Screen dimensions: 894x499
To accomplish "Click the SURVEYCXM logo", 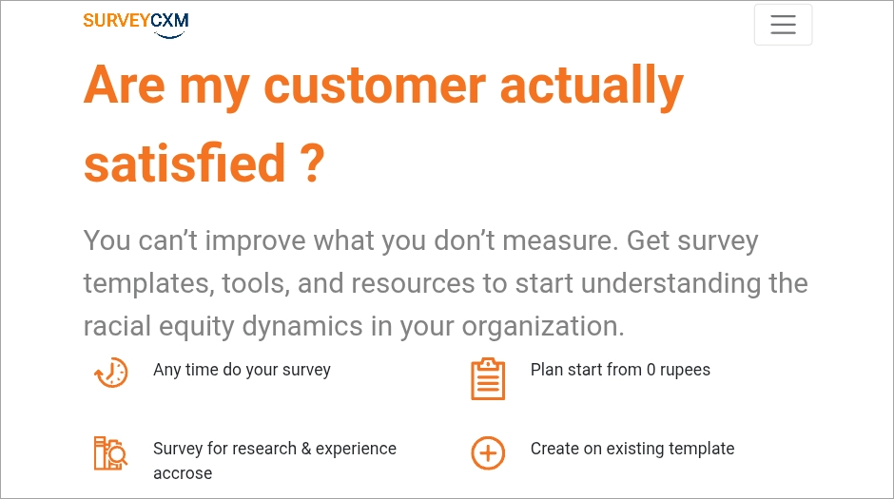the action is (x=136, y=25).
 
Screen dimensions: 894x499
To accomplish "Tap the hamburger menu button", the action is (x=783, y=25).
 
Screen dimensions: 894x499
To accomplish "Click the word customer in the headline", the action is (x=375, y=86).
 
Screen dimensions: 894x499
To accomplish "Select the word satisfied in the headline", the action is (x=185, y=163).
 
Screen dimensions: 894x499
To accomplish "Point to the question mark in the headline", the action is (x=312, y=163).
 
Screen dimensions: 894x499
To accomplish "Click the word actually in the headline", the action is (x=592, y=86).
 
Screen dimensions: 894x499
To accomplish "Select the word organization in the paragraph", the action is (x=543, y=327).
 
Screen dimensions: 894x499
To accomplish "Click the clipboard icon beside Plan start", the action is (x=488, y=379).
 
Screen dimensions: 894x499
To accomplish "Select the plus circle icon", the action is (x=488, y=453).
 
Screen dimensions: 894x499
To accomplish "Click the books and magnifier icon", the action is (x=110, y=453).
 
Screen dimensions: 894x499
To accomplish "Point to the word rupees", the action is (x=685, y=371).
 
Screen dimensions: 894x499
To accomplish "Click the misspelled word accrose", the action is (x=183, y=473).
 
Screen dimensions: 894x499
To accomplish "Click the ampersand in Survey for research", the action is (x=306, y=449).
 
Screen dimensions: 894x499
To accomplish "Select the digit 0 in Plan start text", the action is (x=651, y=370).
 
